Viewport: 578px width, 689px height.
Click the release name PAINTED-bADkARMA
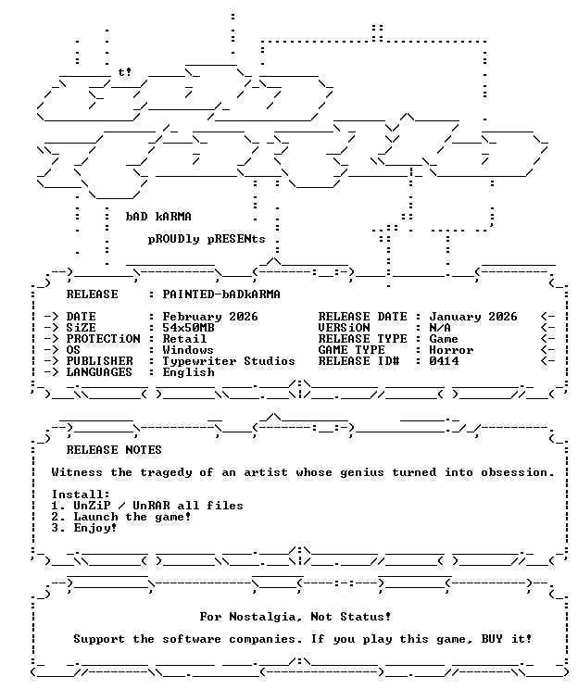tap(221, 294)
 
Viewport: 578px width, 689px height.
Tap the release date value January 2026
tap(473, 317)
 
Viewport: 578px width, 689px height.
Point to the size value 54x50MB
tap(188, 328)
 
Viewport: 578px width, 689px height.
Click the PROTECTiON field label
tap(104, 339)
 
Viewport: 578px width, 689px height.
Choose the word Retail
tap(184, 339)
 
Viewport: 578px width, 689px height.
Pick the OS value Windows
tap(188, 350)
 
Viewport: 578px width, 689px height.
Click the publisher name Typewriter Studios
tap(229, 361)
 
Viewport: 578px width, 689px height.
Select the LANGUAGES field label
tap(99, 372)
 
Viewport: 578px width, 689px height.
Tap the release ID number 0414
tap(444, 361)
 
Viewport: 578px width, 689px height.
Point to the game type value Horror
tap(451, 350)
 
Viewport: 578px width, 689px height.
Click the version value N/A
tap(440, 328)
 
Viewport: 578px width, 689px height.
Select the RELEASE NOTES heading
tap(114, 450)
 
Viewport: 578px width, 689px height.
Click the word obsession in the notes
tap(518, 472)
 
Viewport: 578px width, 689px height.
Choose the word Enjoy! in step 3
tap(95, 528)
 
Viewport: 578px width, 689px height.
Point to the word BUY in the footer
tap(492, 639)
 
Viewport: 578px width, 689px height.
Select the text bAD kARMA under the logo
tap(158, 217)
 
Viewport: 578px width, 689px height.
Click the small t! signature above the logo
tap(125, 71)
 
